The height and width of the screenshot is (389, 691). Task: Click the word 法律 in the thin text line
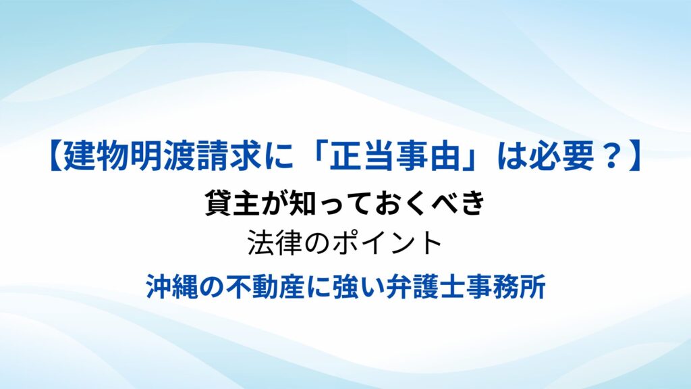click(275, 242)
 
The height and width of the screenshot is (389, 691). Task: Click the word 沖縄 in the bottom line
click(172, 286)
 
